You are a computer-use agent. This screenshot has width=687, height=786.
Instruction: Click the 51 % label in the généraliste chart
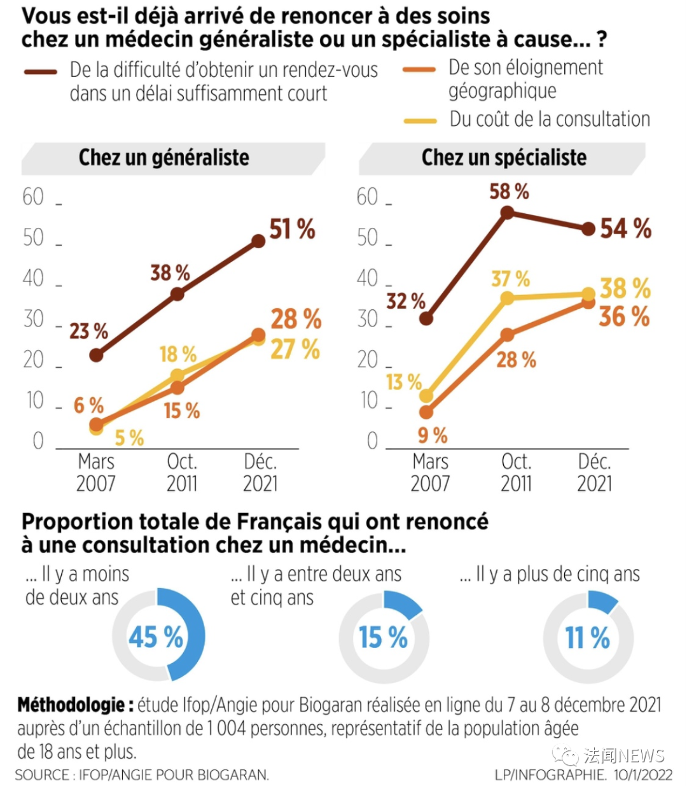292,229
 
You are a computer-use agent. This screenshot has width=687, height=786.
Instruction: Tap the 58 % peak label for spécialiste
509,192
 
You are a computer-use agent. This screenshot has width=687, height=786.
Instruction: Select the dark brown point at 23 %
96,354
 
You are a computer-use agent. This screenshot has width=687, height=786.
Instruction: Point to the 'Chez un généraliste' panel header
164,158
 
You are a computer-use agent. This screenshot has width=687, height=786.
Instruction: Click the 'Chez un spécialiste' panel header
504,158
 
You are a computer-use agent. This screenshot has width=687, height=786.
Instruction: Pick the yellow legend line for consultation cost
420,120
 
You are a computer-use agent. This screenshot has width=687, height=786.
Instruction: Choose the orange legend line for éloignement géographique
420,69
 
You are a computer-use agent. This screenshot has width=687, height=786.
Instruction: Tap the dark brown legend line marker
41,72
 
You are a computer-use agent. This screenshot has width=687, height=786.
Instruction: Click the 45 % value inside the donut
156,637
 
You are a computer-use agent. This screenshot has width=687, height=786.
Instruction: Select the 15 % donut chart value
383,637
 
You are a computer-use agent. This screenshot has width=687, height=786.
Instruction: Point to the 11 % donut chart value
588,637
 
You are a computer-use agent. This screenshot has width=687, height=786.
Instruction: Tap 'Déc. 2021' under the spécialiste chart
594,472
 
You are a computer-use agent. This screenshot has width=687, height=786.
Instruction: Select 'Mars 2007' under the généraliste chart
96,472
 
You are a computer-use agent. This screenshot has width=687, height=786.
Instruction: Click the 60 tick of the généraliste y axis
33,197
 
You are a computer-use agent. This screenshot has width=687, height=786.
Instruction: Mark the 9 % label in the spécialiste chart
433,435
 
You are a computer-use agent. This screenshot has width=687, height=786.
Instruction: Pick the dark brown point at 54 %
588,229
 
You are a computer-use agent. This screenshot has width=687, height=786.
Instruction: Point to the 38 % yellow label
625,288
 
